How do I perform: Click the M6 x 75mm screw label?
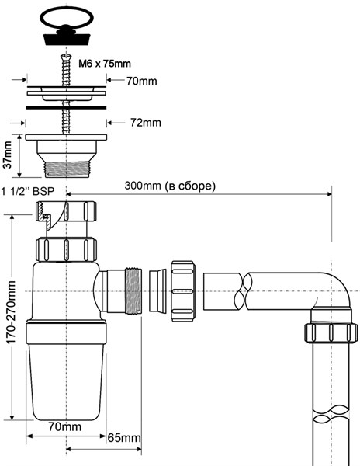pyautogui.click(x=105, y=64)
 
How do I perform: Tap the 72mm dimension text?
pyautogui.click(x=145, y=123)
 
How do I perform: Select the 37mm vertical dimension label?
pyautogui.click(x=8, y=155)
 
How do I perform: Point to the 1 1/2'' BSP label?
pyautogui.click(x=28, y=191)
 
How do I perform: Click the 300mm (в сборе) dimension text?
pyautogui.click(x=170, y=186)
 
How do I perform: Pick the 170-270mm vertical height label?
pyautogui.click(x=11, y=312)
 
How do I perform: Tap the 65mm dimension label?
pyautogui.click(x=124, y=437)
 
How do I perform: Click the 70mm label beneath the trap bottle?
pyautogui.click(x=64, y=426)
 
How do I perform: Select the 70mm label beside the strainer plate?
pyautogui.click(x=141, y=81)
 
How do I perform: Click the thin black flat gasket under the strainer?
pyautogui.click(x=66, y=107)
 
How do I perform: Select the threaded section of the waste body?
pyautogui.click(x=66, y=169)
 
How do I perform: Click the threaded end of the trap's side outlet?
pyautogui.click(x=133, y=290)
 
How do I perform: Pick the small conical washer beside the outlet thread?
pyautogui.click(x=157, y=290)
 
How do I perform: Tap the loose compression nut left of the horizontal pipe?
pyautogui.click(x=183, y=291)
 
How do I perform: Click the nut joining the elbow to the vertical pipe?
pyautogui.click(x=331, y=333)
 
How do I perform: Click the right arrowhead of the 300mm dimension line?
pyautogui.click(x=329, y=194)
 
